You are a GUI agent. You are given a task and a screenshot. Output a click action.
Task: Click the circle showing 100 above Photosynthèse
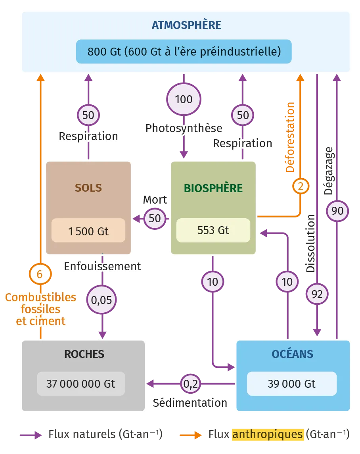click(184, 99)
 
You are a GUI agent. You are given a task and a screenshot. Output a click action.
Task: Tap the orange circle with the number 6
click(40, 274)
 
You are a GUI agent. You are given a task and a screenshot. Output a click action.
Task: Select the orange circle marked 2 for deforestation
click(301, 186)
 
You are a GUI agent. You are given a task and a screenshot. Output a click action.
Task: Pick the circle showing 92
click(317, 294)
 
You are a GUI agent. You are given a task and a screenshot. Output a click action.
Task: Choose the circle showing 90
click(337, 210)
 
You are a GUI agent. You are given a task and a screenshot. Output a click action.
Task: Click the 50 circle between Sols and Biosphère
click(155, 218)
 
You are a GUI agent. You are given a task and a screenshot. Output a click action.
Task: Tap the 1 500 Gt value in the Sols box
click(88, 231)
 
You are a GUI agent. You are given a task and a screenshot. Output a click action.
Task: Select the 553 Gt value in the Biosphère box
click(213, 230)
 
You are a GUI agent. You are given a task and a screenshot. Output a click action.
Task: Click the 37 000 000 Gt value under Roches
click(80, 384)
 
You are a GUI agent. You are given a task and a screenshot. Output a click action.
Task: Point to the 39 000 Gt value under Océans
click(291, 384)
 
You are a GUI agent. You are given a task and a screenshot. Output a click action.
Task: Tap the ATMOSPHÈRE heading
click(186, 25)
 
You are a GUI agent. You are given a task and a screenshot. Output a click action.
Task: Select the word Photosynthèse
click(184, 128)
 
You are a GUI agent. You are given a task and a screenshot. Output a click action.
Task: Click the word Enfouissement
click(102, 266)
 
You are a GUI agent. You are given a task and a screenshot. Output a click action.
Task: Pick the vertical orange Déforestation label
click(290, 137)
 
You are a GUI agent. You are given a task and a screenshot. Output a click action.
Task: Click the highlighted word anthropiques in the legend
click(268, 434)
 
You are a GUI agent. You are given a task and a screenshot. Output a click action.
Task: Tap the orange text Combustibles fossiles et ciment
click(40, 309)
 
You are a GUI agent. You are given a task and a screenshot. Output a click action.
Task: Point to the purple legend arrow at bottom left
click(32, 435)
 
